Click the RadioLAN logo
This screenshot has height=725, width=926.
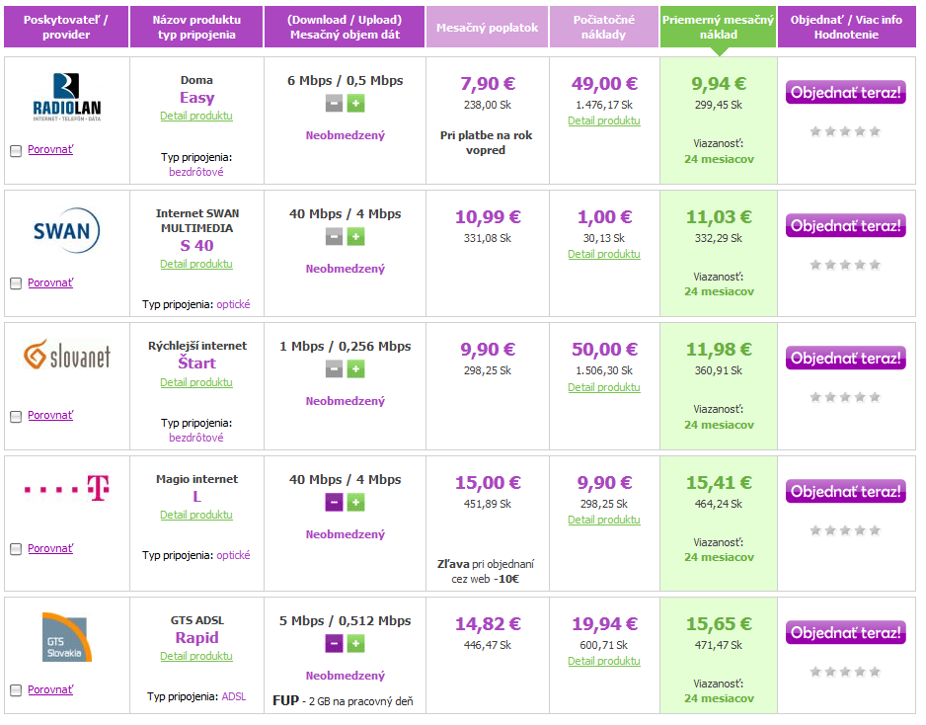pos(67,97)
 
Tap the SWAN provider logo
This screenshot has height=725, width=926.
pos(66,230)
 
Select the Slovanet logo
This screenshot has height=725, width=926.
pos(67,355)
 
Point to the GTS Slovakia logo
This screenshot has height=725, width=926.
pos(67,637)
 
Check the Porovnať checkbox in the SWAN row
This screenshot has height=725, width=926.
pos(16,283)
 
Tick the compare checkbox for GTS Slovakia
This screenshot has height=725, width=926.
pos(16,690)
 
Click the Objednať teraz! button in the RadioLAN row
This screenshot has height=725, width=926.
pos(846,92)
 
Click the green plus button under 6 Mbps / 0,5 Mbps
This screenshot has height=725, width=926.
pos(356,104)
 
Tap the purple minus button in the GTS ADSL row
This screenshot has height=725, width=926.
pos(335,643)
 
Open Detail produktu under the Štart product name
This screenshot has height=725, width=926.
pos(196,382)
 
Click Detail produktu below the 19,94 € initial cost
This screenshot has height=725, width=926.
pos(604,661)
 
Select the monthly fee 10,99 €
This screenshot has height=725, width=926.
pos(488,217)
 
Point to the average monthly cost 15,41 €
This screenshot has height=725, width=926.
pos(719,483)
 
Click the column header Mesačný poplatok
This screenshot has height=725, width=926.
pos(488,28)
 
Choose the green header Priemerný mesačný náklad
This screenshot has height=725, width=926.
pos(718,28)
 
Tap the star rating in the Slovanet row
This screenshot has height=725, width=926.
pos(846,397)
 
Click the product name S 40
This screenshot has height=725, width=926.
pos(196,245)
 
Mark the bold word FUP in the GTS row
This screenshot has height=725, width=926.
pos(286,700)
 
